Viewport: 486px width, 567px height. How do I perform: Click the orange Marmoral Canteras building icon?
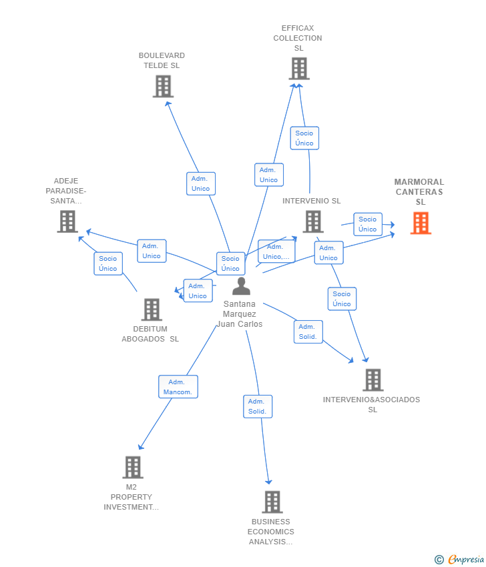(421, 223)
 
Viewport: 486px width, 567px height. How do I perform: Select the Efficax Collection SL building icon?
(298, 68)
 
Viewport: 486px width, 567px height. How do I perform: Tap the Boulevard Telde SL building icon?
(163, 86)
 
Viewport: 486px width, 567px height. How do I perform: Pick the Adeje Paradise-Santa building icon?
(67, 221)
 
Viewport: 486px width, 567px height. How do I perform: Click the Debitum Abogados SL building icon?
(152, 309)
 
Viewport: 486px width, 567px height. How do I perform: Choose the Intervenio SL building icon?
(312, 221)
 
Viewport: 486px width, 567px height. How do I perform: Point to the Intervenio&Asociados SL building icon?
(373, 380)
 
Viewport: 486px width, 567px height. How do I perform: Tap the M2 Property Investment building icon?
(133, 467)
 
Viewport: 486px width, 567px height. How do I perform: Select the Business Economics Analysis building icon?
(272, 502)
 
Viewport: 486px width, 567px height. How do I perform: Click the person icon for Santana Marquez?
(241, 286)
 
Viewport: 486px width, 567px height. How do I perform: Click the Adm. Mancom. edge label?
(178, 387)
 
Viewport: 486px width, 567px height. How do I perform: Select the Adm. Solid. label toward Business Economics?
(257, 406)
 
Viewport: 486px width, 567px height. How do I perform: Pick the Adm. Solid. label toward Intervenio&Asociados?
(308, 332)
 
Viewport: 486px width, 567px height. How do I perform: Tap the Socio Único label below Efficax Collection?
(304, 138)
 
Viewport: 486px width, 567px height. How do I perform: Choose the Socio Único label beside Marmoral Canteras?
(367, 224)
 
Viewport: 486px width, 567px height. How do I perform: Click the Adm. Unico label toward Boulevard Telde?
(200, 183)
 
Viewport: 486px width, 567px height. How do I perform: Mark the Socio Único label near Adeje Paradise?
(107, 263)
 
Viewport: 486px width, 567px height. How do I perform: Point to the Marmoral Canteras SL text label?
(419, 191)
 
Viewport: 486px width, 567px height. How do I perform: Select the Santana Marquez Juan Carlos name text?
(240, 314)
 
